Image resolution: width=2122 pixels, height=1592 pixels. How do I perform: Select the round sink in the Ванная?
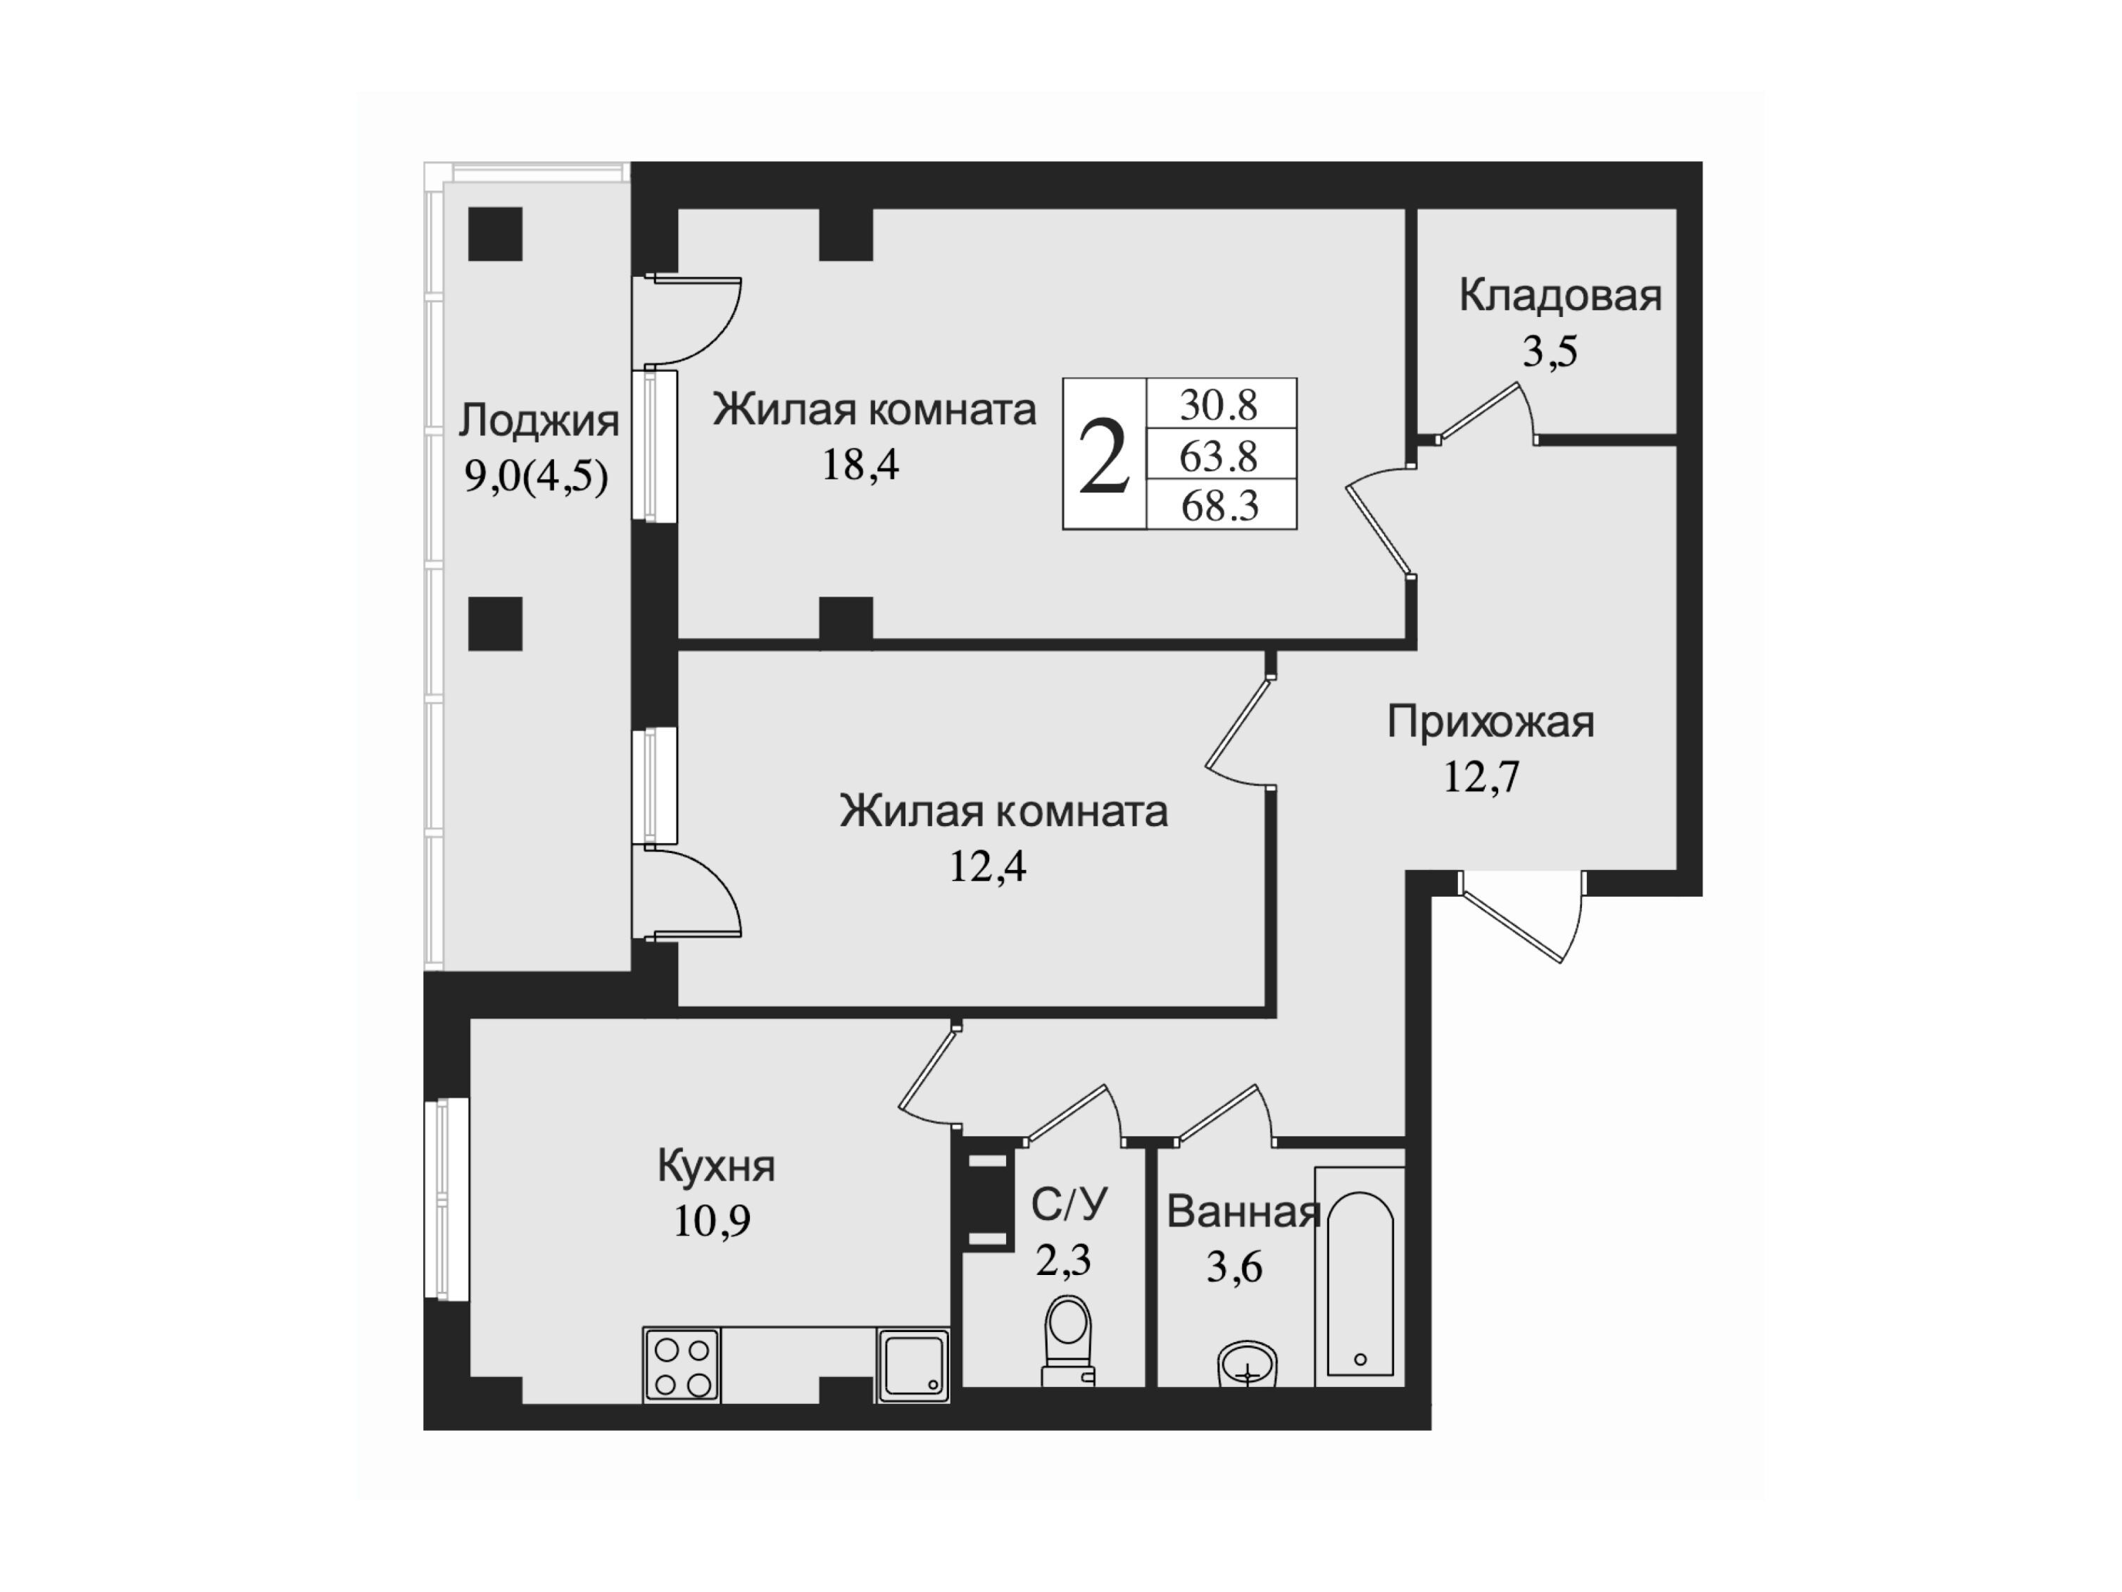[1247, 1364]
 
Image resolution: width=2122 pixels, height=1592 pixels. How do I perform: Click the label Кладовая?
[1560, 296]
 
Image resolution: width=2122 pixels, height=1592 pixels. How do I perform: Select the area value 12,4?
[987, 866]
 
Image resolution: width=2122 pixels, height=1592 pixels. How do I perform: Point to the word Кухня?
[717, 1166]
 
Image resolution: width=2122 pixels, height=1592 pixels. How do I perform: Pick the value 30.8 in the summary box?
[1218, 405]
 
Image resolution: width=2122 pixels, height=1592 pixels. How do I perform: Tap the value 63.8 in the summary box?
[1218, 456]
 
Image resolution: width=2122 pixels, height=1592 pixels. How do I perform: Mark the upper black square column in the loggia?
[495, 234]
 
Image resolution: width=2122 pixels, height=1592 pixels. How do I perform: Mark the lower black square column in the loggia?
[495, 623]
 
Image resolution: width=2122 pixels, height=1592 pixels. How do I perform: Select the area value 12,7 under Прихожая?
[1482, 777]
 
